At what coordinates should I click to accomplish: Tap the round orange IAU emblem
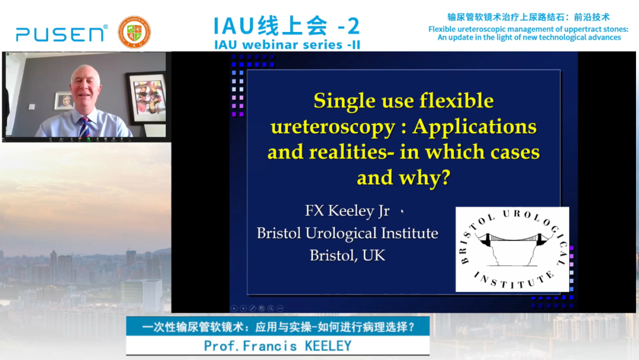coord(134,32)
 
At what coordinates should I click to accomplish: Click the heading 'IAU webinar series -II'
coord(288,44)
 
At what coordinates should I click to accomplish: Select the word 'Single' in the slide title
coord(343,101)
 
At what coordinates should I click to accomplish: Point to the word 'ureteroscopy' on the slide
coord(333,127)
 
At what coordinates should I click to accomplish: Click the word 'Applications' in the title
coord(475,127)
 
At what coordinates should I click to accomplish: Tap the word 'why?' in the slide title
coord(425,178)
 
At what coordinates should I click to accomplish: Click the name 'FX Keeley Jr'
coord(347,210)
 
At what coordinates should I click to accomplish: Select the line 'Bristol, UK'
coord(348,256)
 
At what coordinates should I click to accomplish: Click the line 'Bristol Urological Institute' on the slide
coord(348,233)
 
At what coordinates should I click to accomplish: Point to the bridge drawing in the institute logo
coord(512,248)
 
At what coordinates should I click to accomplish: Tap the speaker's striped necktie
coord(85,127)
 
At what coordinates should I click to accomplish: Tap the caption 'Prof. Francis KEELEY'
coord(277,346)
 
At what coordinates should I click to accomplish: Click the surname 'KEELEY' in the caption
coord(328,346)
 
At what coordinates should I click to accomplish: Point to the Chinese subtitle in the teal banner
coord(278,327)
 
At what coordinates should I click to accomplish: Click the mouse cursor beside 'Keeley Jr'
coord(402,211)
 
